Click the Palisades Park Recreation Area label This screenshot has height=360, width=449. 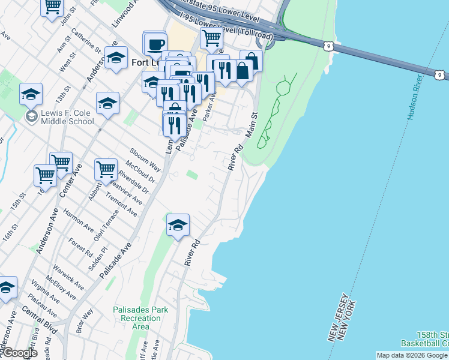[x=140, y=318]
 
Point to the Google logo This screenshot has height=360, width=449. [x=19, y=353]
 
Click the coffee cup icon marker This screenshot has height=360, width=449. [x=155, y=44]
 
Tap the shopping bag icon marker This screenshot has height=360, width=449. [x=252, y=62]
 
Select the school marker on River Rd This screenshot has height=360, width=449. [x=178, y=226]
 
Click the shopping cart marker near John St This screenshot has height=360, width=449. [x=52, y=6]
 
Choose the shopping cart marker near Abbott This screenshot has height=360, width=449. [x=106, y=169]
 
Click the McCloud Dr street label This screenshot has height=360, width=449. [x=141, y=172]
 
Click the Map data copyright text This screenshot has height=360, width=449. [x=412, y=355]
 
